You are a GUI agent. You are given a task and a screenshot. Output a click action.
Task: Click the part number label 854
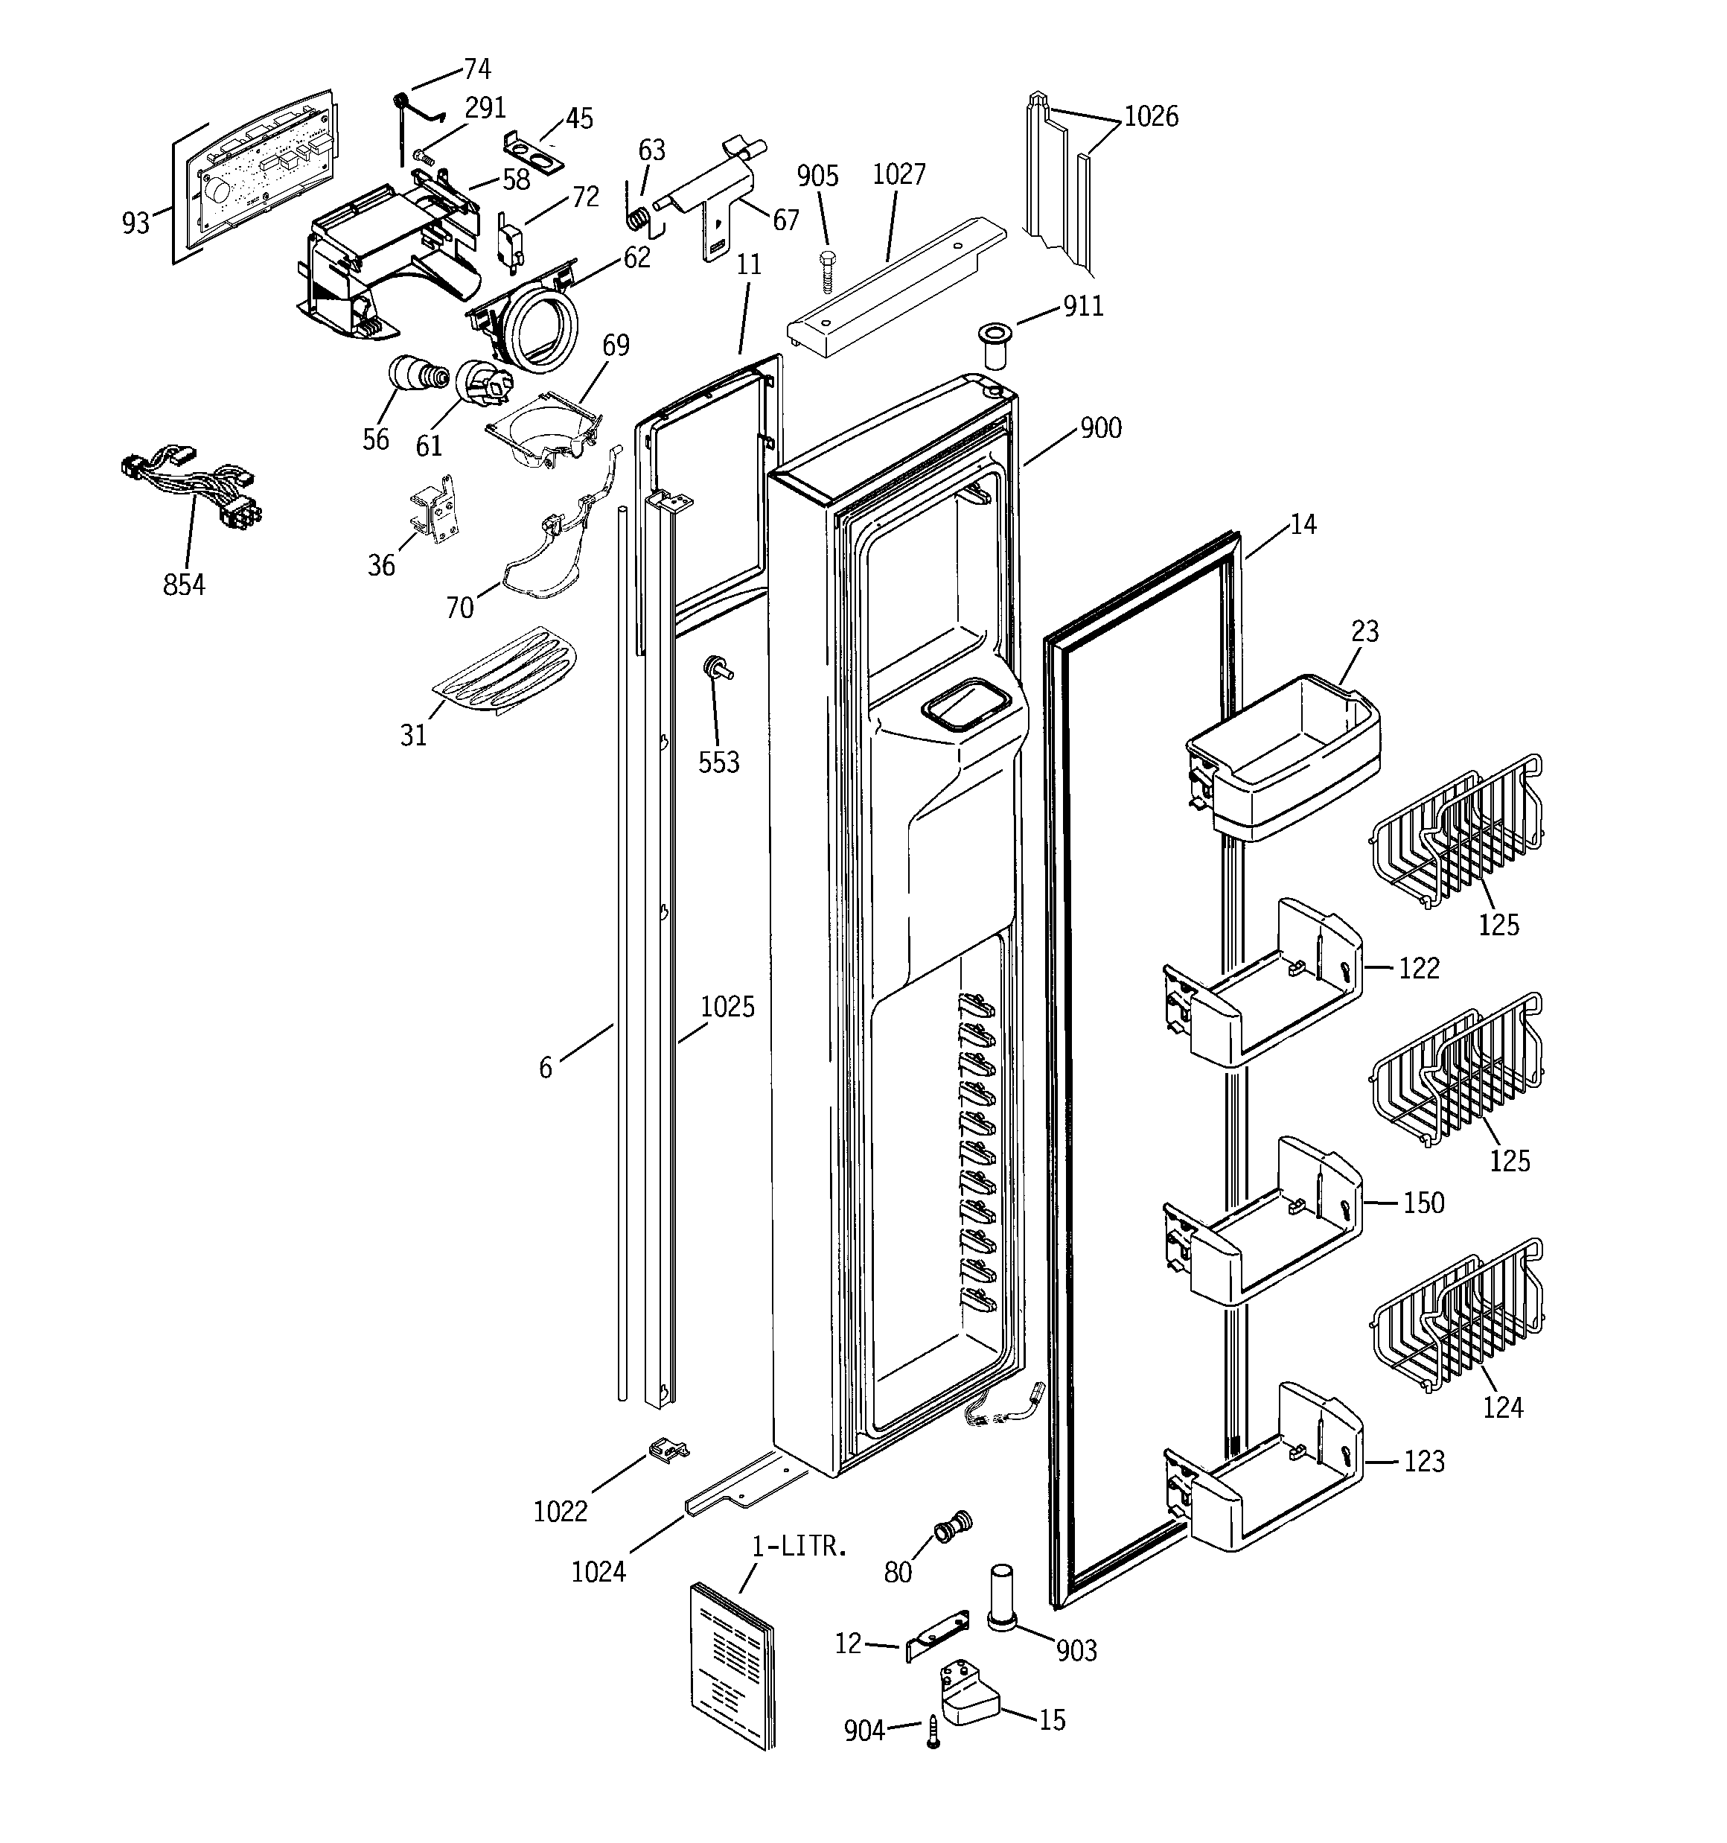[x=184, y=585]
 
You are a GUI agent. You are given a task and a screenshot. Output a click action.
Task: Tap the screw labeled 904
[x=933, y=1730]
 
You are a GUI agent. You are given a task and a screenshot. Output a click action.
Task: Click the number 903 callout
[x=1076, y=1650]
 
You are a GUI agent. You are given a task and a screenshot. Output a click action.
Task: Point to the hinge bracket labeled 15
[x=968, y=1696]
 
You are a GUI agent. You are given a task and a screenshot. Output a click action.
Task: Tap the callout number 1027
[x=898, y=174]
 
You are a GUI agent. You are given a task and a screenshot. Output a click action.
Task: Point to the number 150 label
[x=1423, y=1203]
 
